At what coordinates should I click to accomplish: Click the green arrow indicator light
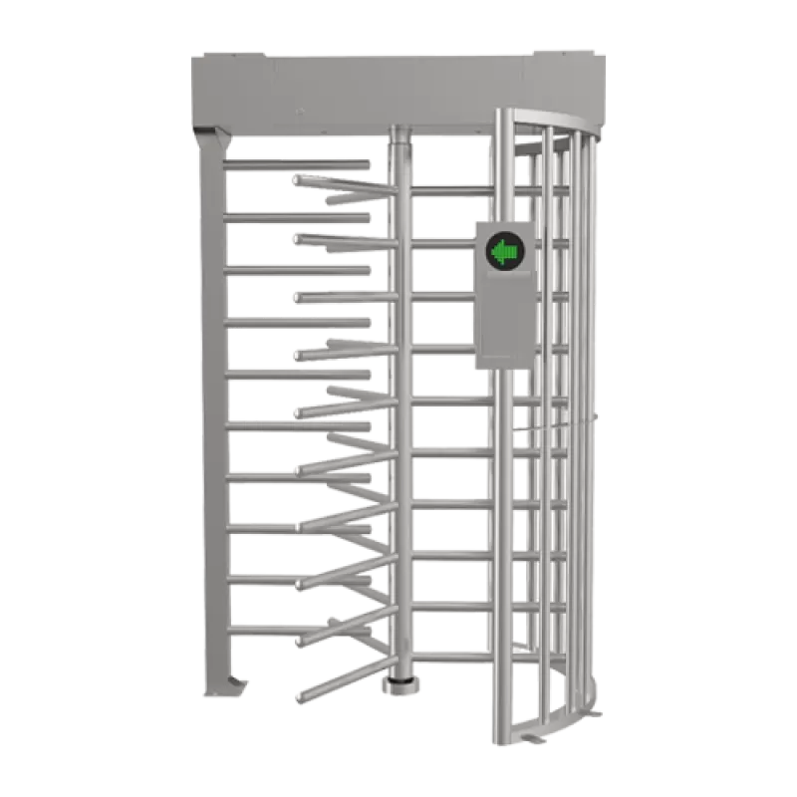tap(503, 254)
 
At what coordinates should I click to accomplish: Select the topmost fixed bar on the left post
tap(299, 162)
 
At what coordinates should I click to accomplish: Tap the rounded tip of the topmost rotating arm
tap(297, 179)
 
